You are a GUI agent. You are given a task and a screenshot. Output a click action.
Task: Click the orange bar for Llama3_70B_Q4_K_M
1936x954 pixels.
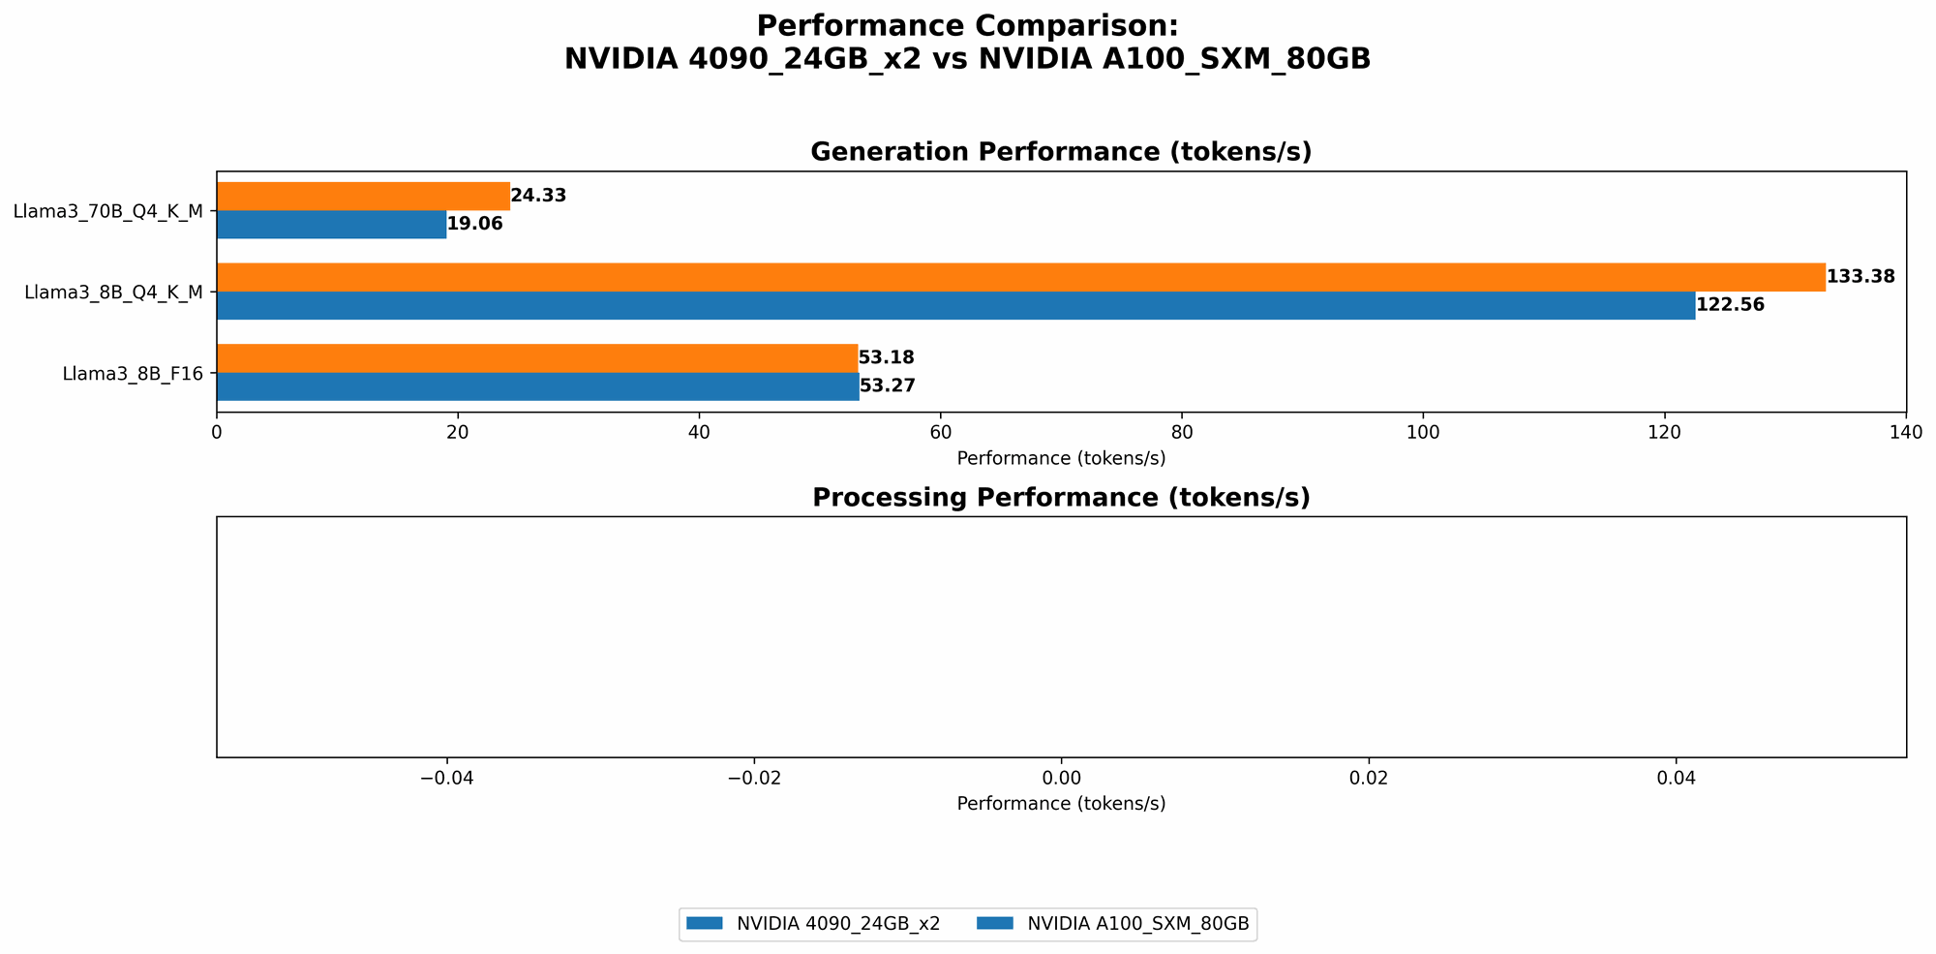[x=363, y=196]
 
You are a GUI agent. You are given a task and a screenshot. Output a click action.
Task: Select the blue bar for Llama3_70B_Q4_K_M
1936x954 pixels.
[x=331, y=224]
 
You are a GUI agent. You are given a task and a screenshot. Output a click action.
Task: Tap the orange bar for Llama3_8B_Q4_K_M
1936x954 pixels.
[x=1020, y=277]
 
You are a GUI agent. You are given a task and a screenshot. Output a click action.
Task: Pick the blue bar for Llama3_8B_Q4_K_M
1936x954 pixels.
[x=955, y=305]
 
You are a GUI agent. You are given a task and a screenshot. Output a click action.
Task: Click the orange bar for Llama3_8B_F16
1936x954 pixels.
[x=537, y=358]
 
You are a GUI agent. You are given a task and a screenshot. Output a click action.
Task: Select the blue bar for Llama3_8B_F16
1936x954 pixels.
[x=537, y=386]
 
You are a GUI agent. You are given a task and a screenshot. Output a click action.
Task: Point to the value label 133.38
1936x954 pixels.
[x=1860, y=277]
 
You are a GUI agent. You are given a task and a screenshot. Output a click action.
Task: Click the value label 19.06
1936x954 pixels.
[x=474, y=224]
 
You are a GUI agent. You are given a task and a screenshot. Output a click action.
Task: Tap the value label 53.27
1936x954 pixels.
[x=888, y=386]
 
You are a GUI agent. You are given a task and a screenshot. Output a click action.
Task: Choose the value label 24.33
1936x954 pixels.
[x=538, y=196]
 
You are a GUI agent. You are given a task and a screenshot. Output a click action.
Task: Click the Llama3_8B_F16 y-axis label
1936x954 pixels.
[x=133, y=373]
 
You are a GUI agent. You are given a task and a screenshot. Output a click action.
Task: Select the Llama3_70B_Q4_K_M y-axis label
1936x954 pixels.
[x=107, y=211]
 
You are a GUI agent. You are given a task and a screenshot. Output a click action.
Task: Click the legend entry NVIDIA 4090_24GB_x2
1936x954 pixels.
[x=837, y=925]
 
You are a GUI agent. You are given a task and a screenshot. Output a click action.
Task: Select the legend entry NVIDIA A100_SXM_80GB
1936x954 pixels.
[x=1137, y=925]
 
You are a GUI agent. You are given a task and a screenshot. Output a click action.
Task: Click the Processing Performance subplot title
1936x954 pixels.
[x=1061, y=498]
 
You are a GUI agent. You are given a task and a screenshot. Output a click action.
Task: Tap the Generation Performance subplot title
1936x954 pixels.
[x=1061, y=152]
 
